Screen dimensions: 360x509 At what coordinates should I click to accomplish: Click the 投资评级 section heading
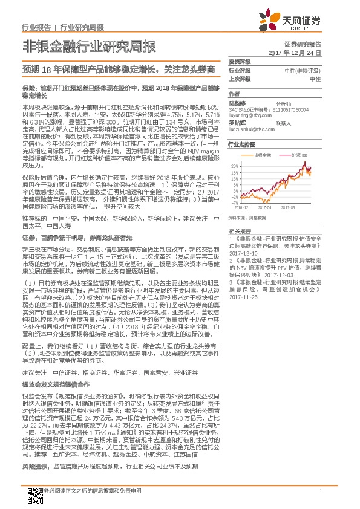coord(239,62)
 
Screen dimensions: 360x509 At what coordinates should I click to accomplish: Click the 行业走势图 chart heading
coord(241,146)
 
